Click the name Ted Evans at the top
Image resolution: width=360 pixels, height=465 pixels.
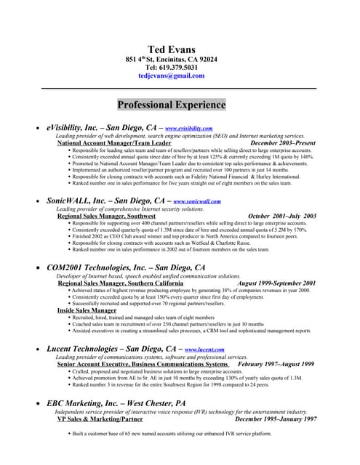point(171,49)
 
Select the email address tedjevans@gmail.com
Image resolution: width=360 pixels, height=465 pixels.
point(171,76)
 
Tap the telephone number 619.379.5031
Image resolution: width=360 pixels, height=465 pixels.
point(171,68)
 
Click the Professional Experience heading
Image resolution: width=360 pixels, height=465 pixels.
point(172,105)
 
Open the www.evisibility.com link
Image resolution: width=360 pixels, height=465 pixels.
point(188,128)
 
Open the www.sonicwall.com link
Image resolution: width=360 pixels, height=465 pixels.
point(196,201)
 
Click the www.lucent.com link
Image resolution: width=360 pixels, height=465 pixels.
point(205,350)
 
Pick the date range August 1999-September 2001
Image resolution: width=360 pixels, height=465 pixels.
point(276,283)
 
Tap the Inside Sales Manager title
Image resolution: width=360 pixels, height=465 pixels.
point(87,310)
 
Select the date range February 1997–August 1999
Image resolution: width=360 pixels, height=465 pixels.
point(276,364)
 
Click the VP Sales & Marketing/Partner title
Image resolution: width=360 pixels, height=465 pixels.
point(100,418)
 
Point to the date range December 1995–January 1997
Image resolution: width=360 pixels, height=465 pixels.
point(276,418)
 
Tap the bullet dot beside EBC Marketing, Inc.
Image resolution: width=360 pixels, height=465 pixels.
point(38,403)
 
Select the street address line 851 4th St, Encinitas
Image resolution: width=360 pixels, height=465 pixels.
point(171,59)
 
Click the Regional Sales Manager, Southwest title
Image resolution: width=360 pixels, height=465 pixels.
point(105,216)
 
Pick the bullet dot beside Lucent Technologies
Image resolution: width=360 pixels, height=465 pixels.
point(38,349)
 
